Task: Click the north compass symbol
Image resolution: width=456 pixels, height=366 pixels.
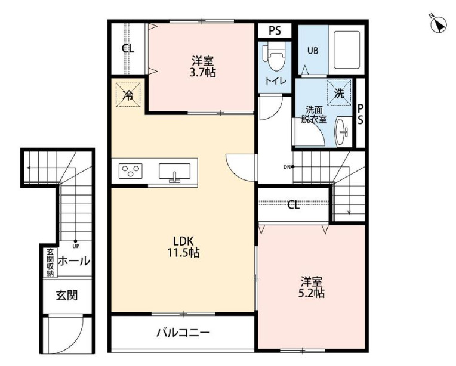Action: coord(440,24)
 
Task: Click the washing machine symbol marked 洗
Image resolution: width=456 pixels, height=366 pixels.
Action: coord(338,93)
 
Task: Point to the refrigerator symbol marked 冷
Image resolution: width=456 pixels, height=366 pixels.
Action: coord(127,94)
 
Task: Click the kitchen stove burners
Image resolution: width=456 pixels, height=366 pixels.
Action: coord(131,172)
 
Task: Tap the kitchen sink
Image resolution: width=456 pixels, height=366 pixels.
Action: coord(174,172)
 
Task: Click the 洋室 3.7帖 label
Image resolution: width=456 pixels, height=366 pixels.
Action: coord(203,66)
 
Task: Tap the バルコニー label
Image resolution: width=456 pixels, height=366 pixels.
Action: coord(183,333)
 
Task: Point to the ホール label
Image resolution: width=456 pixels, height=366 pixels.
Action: coord(74,261)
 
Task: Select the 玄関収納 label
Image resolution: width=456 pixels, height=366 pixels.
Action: coord(50,262)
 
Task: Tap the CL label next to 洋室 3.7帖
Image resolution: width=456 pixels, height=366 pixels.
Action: coord(128,49)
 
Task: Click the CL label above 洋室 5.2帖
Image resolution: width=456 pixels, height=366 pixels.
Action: coord(293,206)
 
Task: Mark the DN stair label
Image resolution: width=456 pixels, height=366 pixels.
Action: coord(286,166)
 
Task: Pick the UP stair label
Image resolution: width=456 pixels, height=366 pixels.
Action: coord(76,245)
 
